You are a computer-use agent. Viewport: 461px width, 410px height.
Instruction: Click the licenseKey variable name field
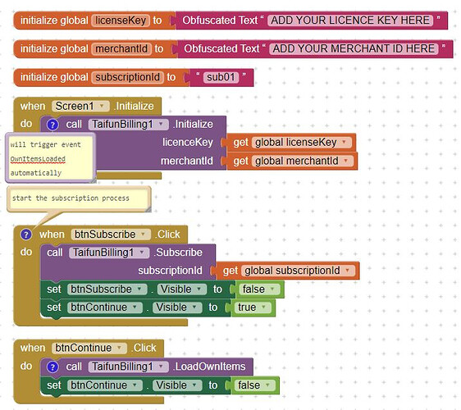(x=121, y=20)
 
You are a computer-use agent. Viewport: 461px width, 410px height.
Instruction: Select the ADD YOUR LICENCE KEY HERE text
(x=350, y=20)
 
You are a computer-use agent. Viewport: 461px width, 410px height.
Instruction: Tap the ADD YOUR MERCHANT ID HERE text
(x=354, y=48)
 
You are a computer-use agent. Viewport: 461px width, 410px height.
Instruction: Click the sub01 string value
(x=221, y=77)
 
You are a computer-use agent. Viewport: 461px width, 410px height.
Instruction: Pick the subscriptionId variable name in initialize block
(x=128, y=77)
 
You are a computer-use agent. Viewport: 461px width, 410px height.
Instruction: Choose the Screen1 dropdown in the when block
(x=80, y=106)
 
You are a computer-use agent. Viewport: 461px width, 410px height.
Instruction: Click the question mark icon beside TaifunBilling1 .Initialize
(x=52, y=125)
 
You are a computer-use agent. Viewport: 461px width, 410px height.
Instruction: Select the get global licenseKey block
(x=289, y=143)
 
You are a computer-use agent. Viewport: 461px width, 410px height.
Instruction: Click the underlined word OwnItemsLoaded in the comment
(x=38, y=159)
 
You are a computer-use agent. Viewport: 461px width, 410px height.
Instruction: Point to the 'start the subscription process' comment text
(x=71, y=198)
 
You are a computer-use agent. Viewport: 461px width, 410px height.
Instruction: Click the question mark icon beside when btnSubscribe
(x=26, y=235)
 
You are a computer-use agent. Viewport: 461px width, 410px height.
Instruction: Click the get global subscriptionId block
(x=285, y=271)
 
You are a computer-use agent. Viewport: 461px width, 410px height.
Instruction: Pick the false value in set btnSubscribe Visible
(x=258, y=289)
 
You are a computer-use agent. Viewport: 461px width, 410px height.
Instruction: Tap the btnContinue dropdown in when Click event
(x=89, y=348)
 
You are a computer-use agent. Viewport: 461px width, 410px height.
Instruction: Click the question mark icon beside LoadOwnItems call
(x=52, y=367)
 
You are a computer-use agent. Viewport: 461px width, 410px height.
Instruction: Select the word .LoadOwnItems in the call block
(x=209, y=367)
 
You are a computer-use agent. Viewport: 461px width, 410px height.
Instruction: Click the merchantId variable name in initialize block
(x=121, y=48)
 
